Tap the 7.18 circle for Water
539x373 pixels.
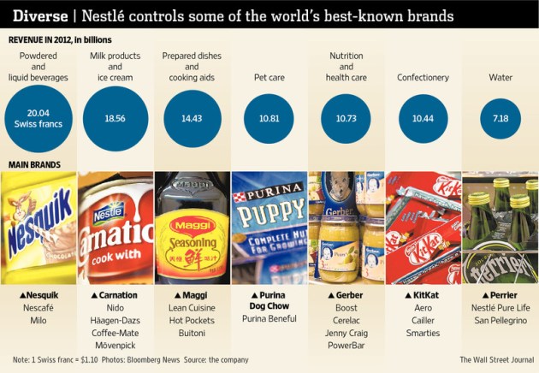point(500,118)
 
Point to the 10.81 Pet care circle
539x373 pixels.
point(269,118)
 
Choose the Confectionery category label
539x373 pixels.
point(423,78)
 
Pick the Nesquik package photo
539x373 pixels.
point(38,228)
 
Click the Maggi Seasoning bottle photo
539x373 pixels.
point(192,228)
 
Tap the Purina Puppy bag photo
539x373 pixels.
point(269,228)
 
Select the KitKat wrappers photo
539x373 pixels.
point(423,228)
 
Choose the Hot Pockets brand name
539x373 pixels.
point(192,320)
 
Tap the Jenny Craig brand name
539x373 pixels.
point(346,333)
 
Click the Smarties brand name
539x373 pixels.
point(422,333)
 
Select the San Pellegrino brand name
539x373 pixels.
point(500,320)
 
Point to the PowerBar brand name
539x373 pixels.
point(346,346)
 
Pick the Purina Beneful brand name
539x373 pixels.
point(268,319)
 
